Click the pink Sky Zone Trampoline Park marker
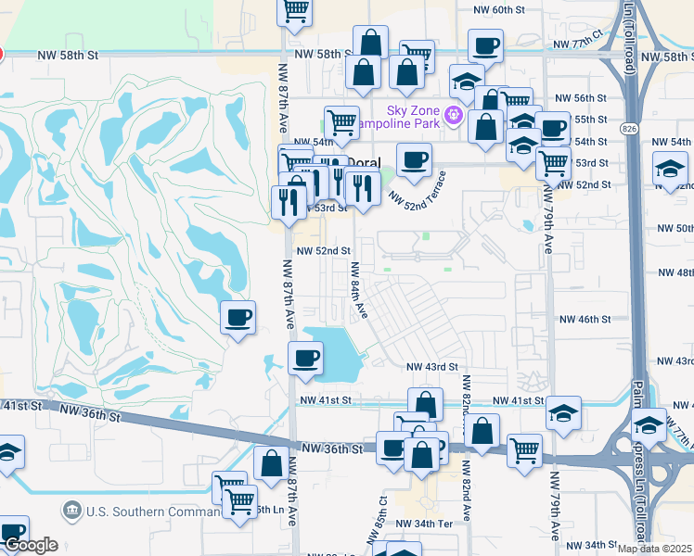453,115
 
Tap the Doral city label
364,161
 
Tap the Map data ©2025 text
654,549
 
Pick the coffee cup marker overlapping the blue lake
305,357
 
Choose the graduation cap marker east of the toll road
669,170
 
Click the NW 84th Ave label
358,289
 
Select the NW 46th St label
585,319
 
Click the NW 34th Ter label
423,524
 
